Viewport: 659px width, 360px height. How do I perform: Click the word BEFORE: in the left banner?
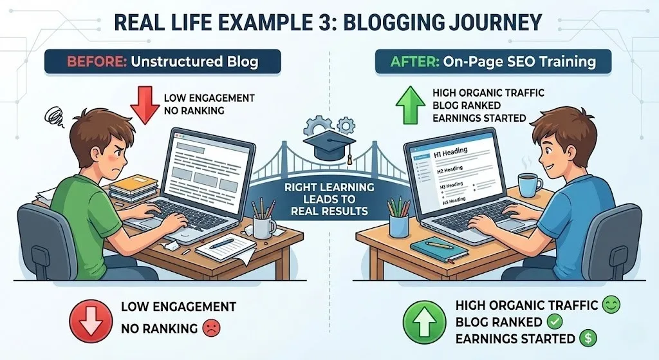click(x=97, y=62)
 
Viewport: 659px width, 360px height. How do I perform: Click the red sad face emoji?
click(x=211, y=328)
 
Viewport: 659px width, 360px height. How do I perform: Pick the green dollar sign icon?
click(x=588, y=338)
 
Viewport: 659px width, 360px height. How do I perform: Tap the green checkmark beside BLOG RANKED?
click(x=554, y=322)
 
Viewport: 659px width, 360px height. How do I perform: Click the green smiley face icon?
click(x=611, y=305)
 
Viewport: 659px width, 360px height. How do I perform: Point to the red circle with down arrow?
click(x=91, y=321)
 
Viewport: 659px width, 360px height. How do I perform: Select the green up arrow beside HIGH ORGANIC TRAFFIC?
click(x=411, y=105)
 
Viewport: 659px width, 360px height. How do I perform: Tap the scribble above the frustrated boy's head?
click(x=55, y=116)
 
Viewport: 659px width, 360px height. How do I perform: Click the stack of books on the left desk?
click(x=133, y=188)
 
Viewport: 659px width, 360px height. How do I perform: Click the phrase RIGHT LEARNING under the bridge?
click(x=329, y=187)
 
